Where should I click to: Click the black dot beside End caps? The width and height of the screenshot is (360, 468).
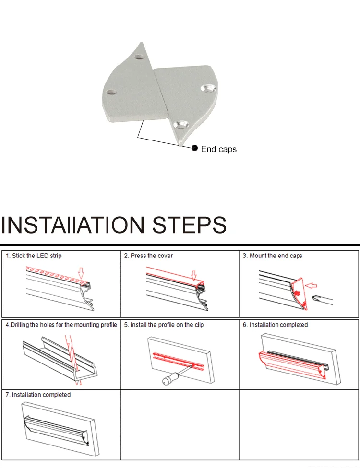click(x=194, y=148)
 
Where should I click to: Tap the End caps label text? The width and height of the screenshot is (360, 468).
click(x=219, y=149)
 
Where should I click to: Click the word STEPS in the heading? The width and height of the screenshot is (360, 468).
click(x=190, y=225)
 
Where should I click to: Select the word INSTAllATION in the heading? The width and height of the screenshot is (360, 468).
click(x=72, y=225)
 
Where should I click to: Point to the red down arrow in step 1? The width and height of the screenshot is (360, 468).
click(x=81, y=273)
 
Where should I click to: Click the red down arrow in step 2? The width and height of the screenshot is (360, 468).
click(x=194, y=276)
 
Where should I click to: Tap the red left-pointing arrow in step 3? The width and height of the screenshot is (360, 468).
click(x=312, y=286)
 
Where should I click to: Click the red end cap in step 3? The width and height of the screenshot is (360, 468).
click(x=300, y=293)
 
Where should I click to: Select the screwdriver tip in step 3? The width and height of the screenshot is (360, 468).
click(x=315, y=298)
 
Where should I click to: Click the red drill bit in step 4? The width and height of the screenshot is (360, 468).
click(x=72, y=358)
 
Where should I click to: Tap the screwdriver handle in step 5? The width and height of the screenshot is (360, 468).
click(x=168, y=379)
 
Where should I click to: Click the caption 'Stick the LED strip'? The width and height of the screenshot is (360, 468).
click(x=37, y=256)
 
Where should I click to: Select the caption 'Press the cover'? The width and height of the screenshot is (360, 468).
click(x=152, y=256)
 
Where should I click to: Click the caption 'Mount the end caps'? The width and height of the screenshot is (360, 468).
click(x=276, y=256)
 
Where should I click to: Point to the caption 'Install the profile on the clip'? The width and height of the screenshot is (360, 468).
click(x=167, y=325)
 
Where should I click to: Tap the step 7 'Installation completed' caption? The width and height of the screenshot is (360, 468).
click(x=41, y=395)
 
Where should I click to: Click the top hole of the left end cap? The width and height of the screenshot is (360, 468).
click(x=139, y=57)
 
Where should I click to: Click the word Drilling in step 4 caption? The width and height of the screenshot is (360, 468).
click(x=20, y=325)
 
